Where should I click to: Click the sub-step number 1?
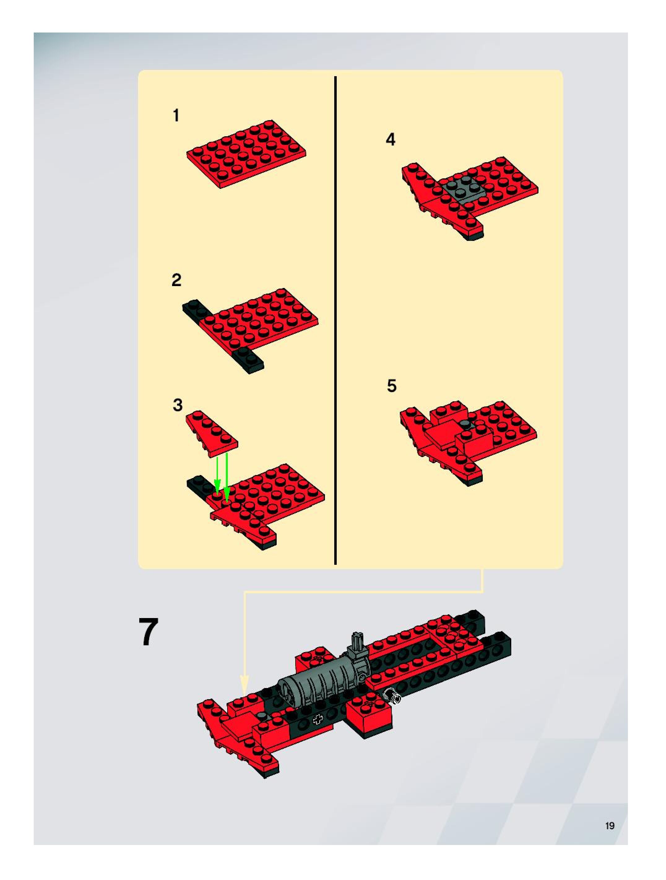176,115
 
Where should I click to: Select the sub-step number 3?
177,405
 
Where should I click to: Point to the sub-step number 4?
391,139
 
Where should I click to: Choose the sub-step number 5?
392,386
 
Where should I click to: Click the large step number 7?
148,632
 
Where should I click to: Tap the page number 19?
610,826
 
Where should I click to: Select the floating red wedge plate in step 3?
212,433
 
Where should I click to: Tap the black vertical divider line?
335,320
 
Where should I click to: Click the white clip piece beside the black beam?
392,696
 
